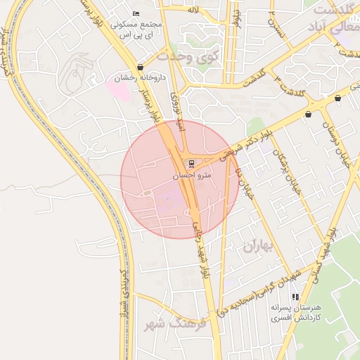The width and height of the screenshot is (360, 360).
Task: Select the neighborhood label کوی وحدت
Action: tap(188, 56)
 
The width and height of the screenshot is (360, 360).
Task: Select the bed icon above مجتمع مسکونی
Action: tap(136, 14)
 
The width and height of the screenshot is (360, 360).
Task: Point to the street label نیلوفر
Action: tap(238, 18)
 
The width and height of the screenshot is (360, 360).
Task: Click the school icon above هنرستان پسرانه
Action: tap(295, 297)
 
